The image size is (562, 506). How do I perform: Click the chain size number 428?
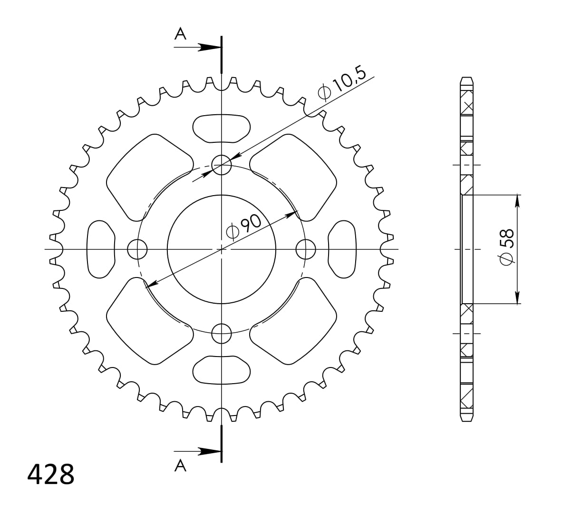coord(51,474)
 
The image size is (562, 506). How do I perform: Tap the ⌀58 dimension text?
coord(507,246)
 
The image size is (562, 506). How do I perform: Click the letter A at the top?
coord(180,34)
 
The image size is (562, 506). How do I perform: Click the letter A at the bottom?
coord(180,466)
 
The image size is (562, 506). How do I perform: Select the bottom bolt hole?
coord(221,333)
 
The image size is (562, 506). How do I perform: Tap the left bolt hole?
coord(137,248)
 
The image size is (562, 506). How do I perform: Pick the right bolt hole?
coord(305,248)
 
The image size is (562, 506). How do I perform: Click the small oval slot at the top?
coord(222,128)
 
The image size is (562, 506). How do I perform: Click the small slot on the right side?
coord(342,248)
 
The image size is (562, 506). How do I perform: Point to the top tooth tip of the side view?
coord(467,78)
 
